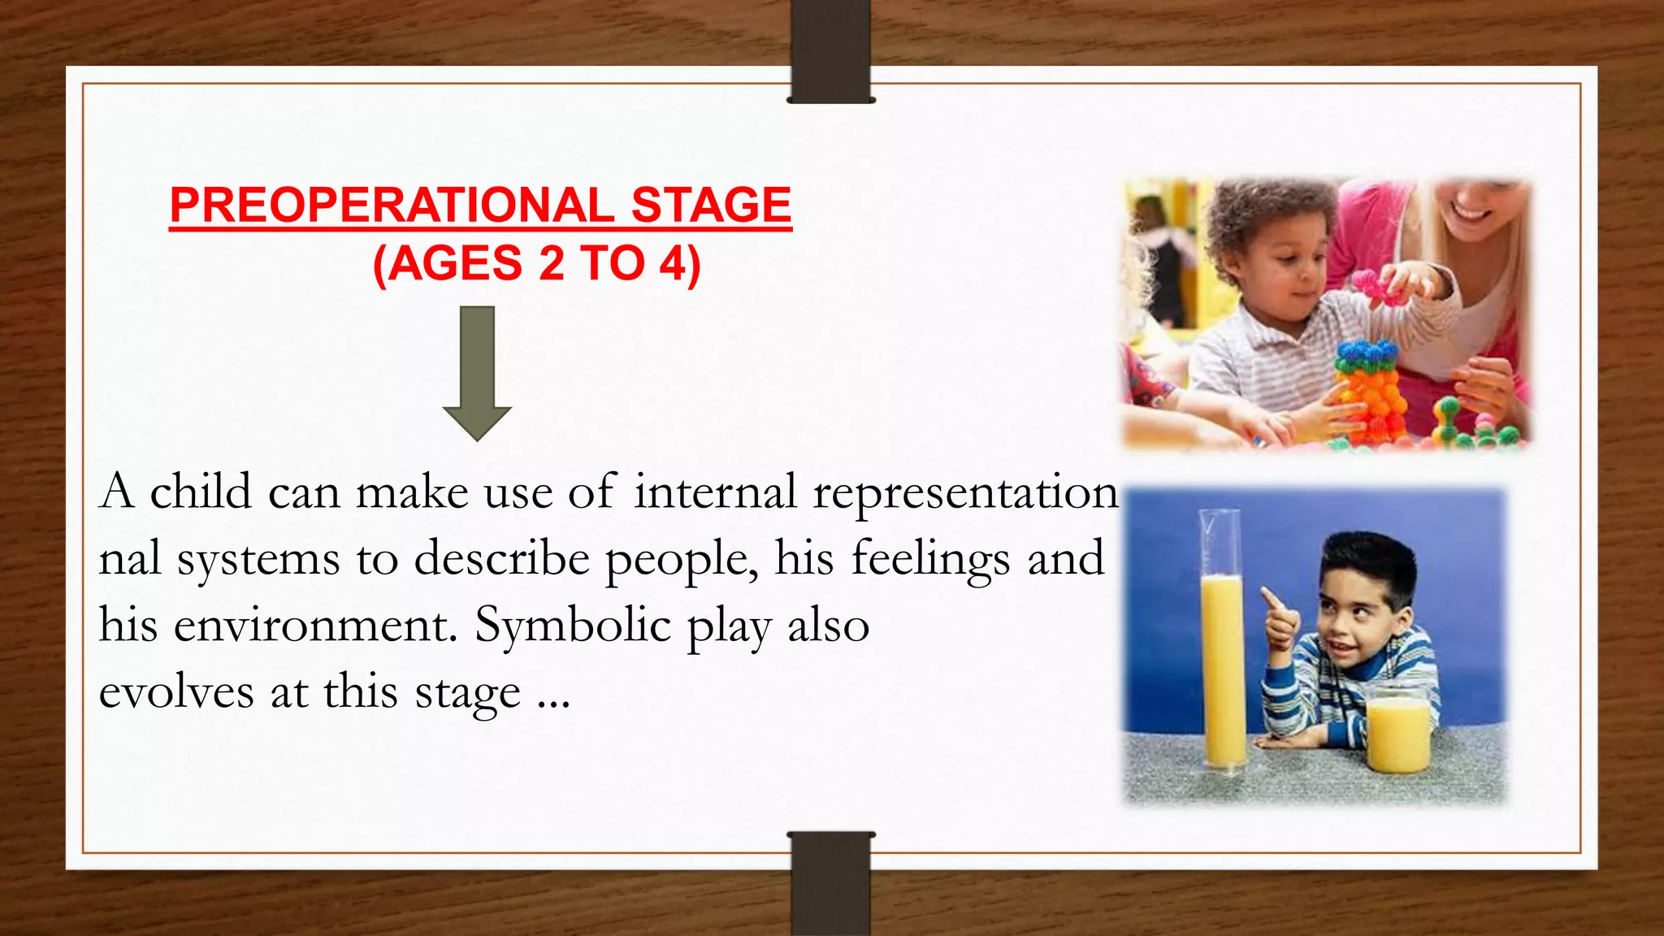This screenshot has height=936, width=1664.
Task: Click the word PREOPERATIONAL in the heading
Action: (392, 205)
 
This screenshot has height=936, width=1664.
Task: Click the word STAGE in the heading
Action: (711, 205)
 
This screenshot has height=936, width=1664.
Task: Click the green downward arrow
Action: (477, 374)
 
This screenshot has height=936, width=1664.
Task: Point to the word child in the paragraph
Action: (201, 492)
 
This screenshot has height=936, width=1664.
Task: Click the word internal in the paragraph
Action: (715, 492)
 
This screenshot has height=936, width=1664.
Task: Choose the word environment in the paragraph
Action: (314, 626)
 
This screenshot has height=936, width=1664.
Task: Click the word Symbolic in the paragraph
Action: (573, 626)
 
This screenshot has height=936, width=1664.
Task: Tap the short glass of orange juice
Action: (1397, 735)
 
